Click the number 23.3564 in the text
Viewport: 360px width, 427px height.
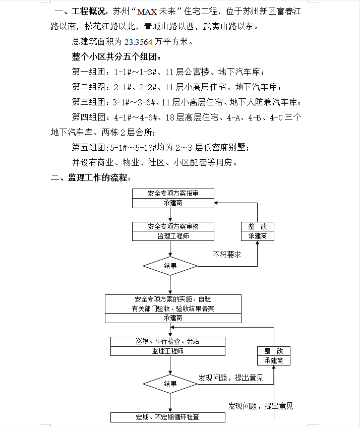pos(138,42)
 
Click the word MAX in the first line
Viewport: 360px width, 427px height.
pos(147,12)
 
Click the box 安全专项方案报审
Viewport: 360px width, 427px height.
pos(173,194)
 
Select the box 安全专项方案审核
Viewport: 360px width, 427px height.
pos(173,226)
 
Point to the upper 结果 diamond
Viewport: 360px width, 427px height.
pos(170,266)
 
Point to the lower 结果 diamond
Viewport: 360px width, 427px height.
pos(170,384)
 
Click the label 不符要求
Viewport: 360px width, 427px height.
pos(227,255)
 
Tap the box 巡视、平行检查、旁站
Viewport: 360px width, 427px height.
pos(168,342)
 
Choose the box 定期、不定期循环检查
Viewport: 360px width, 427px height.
pos(168,417)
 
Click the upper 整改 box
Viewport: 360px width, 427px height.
pos(258,231)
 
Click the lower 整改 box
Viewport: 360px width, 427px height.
pos(274,355)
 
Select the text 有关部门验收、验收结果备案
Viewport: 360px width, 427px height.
pos(173,309)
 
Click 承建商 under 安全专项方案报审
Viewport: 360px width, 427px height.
pos(173,203)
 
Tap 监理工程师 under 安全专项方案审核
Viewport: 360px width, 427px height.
pos(173,236)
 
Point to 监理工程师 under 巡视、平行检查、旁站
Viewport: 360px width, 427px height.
pos(168,351)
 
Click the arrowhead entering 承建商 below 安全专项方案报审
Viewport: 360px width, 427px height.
pos(216,203)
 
